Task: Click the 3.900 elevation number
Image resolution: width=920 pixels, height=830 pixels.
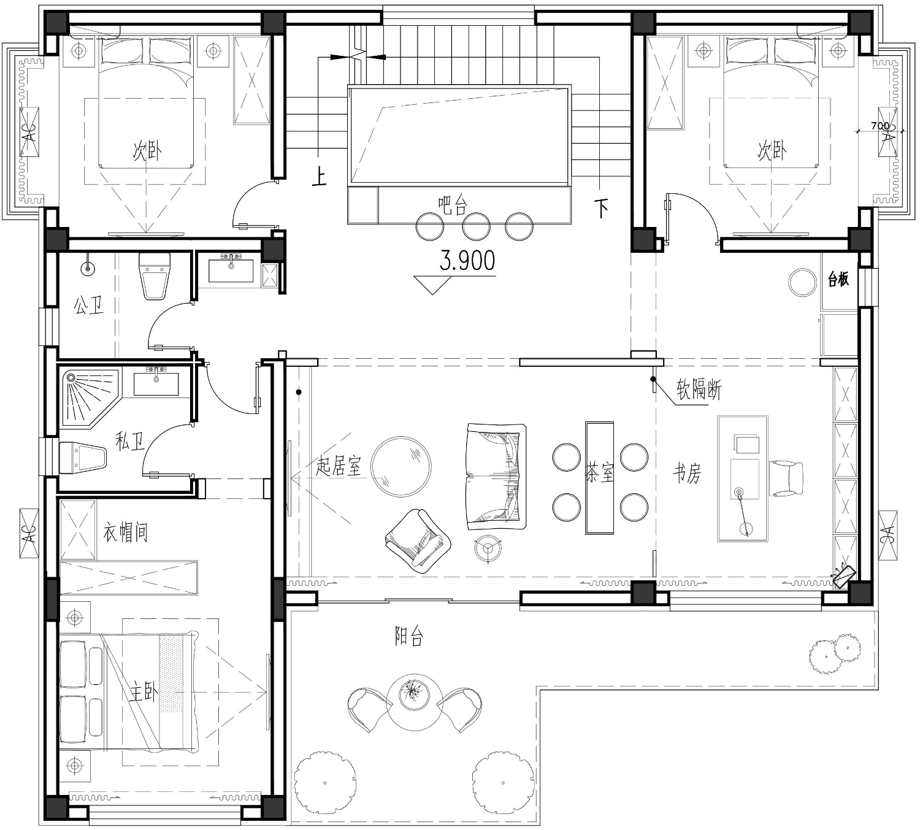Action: click(467, 261)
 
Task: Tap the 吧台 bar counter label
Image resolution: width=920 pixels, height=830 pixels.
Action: click(452, 206)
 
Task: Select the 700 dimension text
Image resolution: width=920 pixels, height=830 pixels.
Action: click(880, 126)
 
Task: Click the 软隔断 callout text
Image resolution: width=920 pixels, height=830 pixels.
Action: click(699, 390)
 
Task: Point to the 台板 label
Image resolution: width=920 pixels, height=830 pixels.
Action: click(838, 279)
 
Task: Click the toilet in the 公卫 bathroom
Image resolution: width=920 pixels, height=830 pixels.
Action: click(154, 276)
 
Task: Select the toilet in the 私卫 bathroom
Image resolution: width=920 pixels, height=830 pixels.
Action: click(83, 458)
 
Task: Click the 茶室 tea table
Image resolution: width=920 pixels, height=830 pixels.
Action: click(599, 478)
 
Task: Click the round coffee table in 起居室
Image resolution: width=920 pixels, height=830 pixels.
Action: click(401, 466)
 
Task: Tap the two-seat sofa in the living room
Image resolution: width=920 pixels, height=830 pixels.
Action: click(496, 476)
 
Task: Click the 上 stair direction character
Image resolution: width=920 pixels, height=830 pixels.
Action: click(319, 177)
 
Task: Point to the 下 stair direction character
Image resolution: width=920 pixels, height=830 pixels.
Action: click(601, 208)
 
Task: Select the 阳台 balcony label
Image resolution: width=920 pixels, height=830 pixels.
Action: click(408, 636)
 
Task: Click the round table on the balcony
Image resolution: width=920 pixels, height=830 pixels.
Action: click(415, 702)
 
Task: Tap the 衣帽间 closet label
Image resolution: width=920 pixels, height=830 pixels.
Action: click(125, 532)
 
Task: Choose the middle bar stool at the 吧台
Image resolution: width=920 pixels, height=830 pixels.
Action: click(476, 226)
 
